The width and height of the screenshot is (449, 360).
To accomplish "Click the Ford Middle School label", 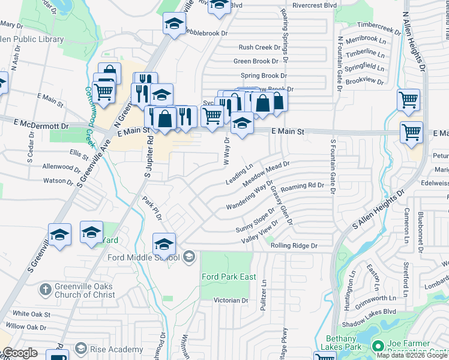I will (143, 257).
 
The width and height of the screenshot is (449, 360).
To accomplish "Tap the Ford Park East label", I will (229, 277).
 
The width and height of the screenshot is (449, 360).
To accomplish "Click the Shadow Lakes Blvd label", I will (373, 311).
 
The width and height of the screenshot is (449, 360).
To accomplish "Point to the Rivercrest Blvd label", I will (315, 5).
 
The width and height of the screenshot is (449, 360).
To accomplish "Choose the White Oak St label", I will (31, 314).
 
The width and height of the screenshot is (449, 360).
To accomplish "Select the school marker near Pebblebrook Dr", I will (174, 23).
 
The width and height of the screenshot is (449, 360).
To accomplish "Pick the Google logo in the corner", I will (19, 353).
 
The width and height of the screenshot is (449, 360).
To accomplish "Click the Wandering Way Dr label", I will (250, 195).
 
